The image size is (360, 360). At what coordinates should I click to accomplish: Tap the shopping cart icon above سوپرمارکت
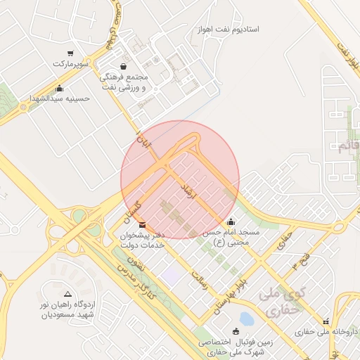click(70, 53)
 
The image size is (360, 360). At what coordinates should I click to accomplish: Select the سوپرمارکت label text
click(70, 64)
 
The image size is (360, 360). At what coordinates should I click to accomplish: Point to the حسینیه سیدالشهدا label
click(59, 98)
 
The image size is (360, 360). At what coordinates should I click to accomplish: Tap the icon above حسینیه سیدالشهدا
click(59, 89)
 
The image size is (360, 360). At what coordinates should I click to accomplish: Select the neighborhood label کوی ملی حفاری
click(279, 300)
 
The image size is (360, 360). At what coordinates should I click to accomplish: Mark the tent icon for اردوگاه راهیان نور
click(67, 295)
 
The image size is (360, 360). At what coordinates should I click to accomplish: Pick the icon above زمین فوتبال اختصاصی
click(236, 331)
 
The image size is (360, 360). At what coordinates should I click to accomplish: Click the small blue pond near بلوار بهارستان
click(246, 318)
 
